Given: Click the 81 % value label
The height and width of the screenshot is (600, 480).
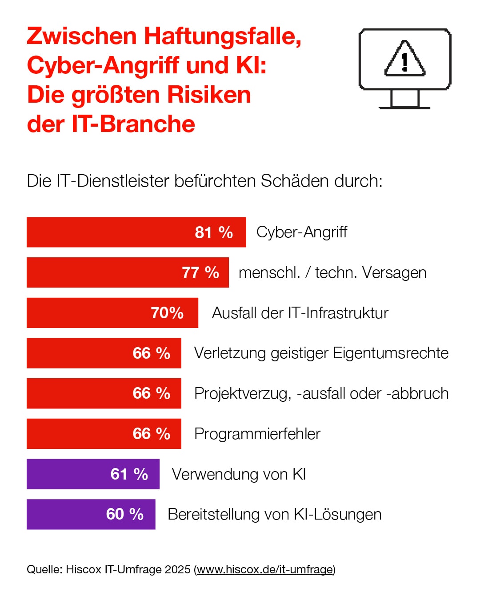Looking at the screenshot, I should point(214,232).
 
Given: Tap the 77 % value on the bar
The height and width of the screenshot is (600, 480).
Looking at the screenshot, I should point(200,272).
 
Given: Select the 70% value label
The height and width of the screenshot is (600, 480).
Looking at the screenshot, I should point(167,313).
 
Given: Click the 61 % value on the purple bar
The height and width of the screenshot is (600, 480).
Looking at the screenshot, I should point(129,474).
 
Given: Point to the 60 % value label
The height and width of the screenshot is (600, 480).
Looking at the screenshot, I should point(125,514).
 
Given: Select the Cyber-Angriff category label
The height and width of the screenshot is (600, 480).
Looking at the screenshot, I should point(302,232).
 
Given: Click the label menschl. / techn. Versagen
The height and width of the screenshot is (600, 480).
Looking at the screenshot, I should point(332,272).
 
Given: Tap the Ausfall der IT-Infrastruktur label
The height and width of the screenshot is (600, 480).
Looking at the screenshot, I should point(300,313).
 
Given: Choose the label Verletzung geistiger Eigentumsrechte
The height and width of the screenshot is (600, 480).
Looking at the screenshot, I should point(321,353).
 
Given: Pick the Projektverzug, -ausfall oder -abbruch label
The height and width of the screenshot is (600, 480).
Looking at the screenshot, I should point(321,393).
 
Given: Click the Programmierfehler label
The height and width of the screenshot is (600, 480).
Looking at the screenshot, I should point(257,434).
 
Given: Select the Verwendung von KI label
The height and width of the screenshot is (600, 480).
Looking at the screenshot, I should point(239,474).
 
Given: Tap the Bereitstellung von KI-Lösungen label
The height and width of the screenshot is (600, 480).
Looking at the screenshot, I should point(274,514).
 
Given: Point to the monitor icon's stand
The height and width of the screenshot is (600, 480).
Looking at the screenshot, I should point(405,100).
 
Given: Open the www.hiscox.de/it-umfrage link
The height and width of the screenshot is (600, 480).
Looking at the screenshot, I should point(265,569).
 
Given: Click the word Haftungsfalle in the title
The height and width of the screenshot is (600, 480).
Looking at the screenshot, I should point(223,36).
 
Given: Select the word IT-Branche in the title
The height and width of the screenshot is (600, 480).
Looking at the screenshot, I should point(133,124).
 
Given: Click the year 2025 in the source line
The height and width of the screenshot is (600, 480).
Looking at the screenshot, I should point(177,569).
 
